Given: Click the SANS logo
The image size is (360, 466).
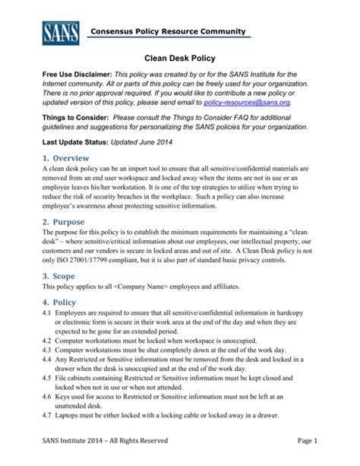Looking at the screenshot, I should tap(59, 31).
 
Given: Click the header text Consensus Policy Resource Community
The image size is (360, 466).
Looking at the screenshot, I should tap(169, 31).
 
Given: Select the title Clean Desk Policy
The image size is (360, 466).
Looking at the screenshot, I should tap(179, 58).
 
